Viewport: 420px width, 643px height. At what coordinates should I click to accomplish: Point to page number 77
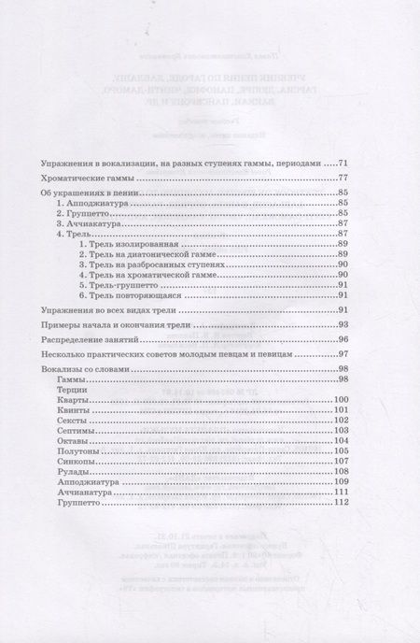point(343,178)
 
